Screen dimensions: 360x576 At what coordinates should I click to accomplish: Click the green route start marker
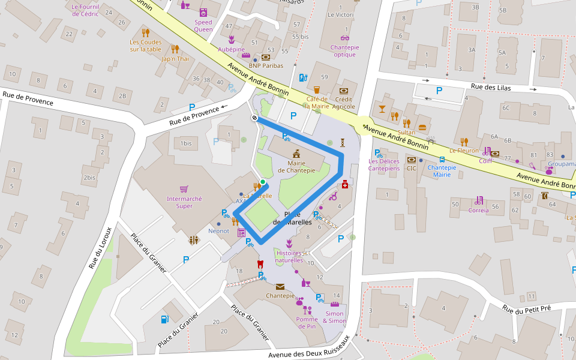263,182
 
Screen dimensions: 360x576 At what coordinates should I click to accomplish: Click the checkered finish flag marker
255,118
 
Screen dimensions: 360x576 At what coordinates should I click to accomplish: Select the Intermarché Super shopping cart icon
184,188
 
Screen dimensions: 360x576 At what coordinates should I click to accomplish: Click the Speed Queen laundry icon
203,12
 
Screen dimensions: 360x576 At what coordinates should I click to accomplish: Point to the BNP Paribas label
266,66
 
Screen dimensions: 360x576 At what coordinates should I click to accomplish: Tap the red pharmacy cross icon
345,185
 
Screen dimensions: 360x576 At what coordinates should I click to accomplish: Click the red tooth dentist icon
260,263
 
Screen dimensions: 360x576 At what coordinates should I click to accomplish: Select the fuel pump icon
164,319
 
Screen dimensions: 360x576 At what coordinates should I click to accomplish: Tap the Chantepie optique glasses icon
344,38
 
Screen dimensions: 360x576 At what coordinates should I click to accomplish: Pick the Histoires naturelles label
289,257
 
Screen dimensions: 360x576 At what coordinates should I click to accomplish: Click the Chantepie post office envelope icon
280,287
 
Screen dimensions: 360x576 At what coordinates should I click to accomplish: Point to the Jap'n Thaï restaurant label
175,59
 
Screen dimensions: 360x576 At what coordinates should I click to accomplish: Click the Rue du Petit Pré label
526,308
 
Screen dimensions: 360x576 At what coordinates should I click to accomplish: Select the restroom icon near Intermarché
193,240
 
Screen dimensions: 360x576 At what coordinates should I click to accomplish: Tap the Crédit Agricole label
344,103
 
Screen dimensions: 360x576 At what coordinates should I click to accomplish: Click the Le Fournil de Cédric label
85,10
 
